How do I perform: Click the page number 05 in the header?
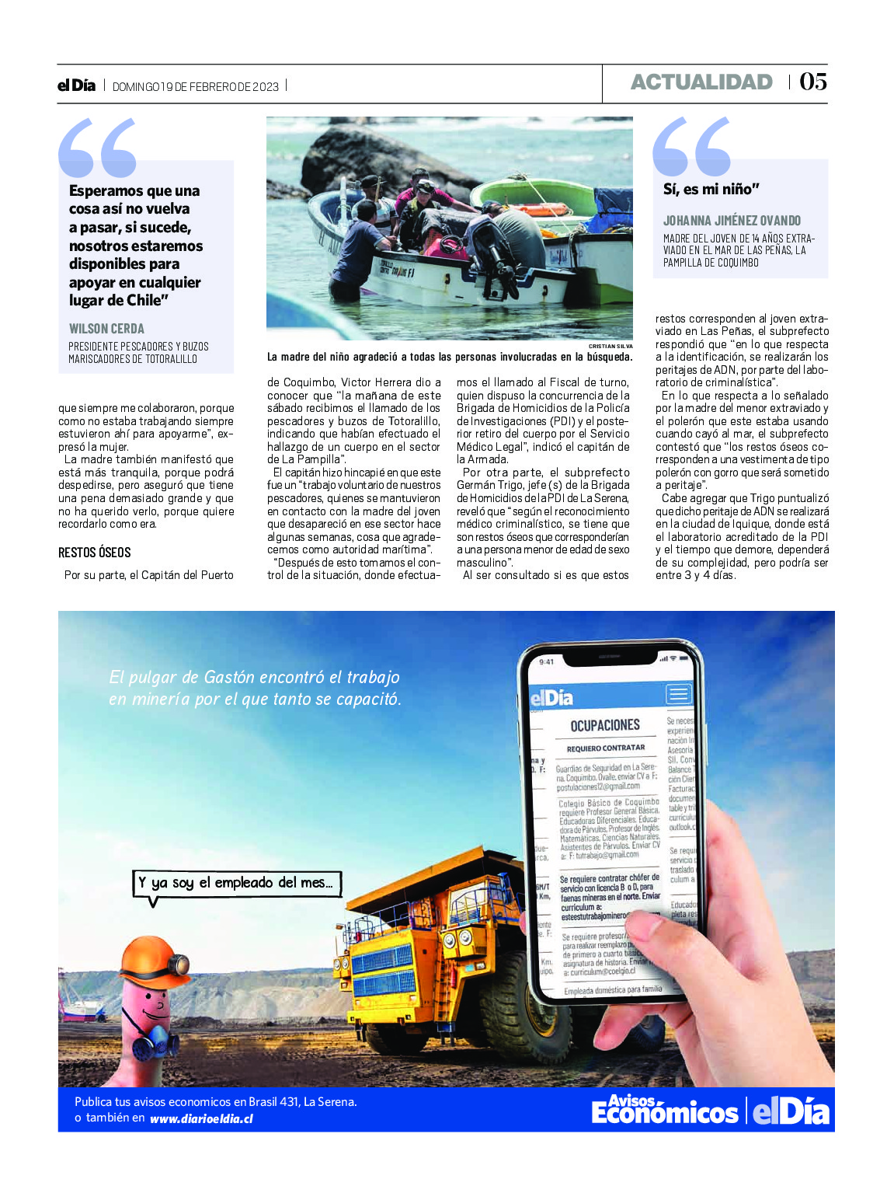click(813, 82)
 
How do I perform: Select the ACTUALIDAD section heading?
click(701, 82)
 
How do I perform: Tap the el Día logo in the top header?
click(76, 85)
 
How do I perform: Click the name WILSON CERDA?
click(106, 329)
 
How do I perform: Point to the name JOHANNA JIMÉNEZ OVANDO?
click(732, 221)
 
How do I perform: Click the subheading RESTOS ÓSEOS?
click(95, 553)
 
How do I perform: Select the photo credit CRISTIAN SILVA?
click(610, 346)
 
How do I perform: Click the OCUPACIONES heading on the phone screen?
click(605, 725)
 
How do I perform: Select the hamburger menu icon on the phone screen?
click(678, 693)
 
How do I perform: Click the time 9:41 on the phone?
click(547, 661)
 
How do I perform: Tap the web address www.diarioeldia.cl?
click(201, 1118)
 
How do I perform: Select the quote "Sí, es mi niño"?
click(711, 189)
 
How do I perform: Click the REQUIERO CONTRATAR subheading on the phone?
click(606, 748)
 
